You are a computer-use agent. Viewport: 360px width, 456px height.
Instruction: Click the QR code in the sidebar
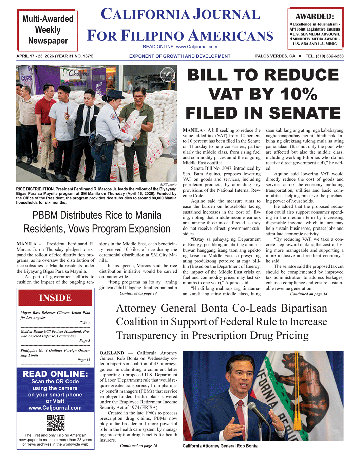pyautogui.click(x=56, y=423)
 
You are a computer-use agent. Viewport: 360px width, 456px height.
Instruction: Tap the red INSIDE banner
pyautogui.click(x=55, y=298)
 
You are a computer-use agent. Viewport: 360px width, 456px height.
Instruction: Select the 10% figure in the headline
pyautogui.click(x=296, y=94)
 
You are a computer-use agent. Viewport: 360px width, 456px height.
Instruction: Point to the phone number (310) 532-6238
pyautogui.click(x=325, y=56)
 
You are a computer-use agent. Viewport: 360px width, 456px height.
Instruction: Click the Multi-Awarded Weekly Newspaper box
pyautogui.click(x=48, y=30)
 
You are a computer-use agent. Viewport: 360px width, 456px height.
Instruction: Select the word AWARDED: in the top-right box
pyautogui.click(x=315, y=16)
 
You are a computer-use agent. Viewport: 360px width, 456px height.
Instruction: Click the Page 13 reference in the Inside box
pyautogui.click(x=84, y=360)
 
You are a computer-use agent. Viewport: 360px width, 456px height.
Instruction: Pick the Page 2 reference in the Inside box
pyautogui.click(x=85, y=322)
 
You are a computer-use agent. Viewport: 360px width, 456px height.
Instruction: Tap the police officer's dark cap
pyautogui.click(x=112, y=95)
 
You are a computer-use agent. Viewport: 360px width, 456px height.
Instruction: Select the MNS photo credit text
pyautogui.click(x=168, y=184)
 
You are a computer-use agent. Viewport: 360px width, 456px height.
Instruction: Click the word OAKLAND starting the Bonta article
pyautogui.click(x=112, y=353)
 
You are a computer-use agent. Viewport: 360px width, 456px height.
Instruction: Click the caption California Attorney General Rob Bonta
pyautogui.click(x=220, y=446)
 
